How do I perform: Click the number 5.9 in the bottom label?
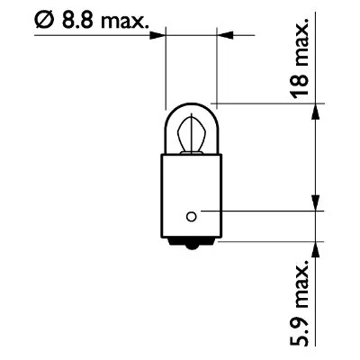coord(303,331)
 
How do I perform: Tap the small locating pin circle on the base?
coord(190,214)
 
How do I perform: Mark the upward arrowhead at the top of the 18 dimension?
coord(315,110)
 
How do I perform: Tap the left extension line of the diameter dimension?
coord(167,72)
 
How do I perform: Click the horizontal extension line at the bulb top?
coord(261,103)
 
